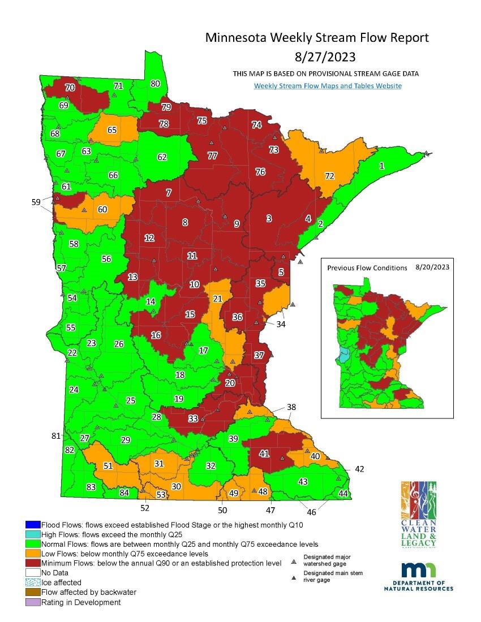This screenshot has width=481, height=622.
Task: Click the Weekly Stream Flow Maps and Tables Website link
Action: pos(328,86)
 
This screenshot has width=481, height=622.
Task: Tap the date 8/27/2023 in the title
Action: pos(317,57)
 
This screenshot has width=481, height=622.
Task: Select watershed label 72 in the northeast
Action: pos(329,176)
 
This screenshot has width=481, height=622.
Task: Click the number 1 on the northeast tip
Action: pos(381,165)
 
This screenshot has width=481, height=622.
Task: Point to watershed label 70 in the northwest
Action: pos(70,88)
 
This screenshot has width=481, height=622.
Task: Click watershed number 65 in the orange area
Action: pos(112,129)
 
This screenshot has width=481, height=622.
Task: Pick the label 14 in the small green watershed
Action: pos(151,301)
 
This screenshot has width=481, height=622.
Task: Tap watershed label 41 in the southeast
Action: pos(264,453)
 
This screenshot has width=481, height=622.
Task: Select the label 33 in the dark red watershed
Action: pos(193,418)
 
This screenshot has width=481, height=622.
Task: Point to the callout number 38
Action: pos(291,407)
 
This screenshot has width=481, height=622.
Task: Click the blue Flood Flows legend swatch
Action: pos(32,525)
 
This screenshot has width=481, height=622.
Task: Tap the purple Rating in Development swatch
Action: pos(32,602)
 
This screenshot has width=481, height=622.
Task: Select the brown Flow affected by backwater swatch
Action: pos(32,592)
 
